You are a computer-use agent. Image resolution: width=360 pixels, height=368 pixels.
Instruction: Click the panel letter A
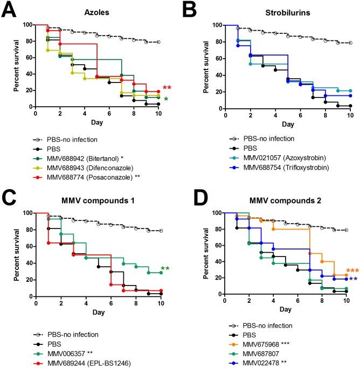10,11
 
